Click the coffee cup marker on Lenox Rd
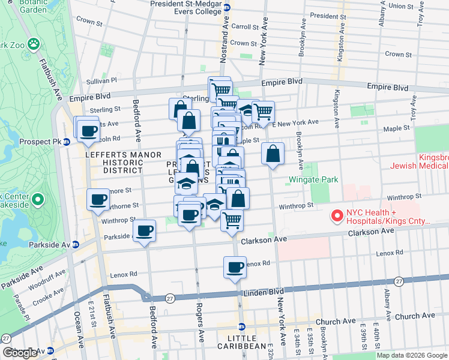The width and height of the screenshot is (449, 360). click(235, 266)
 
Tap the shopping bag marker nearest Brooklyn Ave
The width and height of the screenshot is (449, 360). click(273, 153)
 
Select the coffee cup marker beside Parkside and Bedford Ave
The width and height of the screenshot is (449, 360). click(144, 230)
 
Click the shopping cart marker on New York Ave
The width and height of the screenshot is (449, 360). click(263, 111)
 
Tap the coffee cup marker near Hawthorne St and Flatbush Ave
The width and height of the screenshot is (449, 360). click(98, 200)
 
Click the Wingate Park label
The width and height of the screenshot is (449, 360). click(313, 179)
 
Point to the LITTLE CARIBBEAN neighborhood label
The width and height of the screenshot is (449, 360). click(242, 346)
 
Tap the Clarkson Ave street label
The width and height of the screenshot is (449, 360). click(264, 240)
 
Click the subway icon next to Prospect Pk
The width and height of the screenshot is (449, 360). click(67, 142)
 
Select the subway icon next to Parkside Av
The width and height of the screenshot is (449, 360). click(76, 244)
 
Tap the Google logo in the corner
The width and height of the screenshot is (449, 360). click(20, 353)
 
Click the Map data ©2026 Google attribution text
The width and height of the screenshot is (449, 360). click(412, 355)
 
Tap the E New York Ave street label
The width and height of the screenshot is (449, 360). click(295, 123)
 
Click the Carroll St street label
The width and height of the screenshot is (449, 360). click(244, 26)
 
